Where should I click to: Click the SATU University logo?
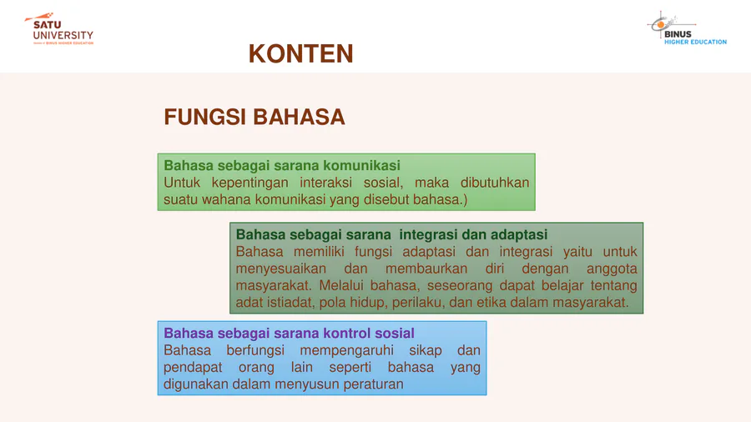pos(59,28)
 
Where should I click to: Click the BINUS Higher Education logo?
pos(687,28)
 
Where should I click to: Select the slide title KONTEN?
pos(300,53)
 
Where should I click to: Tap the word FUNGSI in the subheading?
pos(204,118)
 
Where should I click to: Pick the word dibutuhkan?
pos(495,183)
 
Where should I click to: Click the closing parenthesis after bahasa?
pos(465,200)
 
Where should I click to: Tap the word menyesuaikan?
pos(280,269)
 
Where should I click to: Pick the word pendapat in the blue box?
pos(193,368)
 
